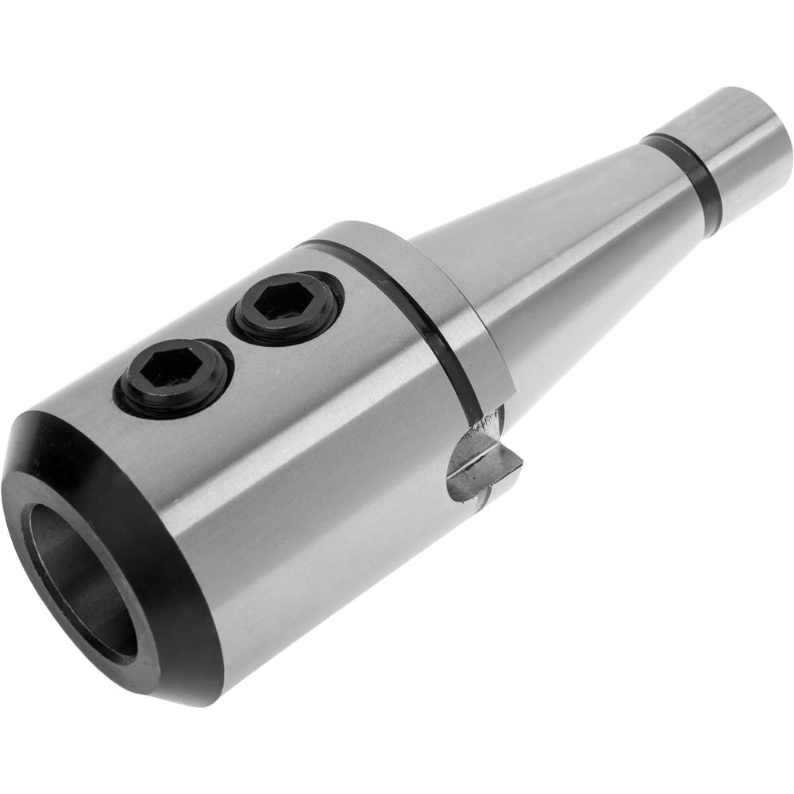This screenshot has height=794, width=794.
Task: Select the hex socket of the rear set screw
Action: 284,303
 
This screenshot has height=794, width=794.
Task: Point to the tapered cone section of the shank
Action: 556,238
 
